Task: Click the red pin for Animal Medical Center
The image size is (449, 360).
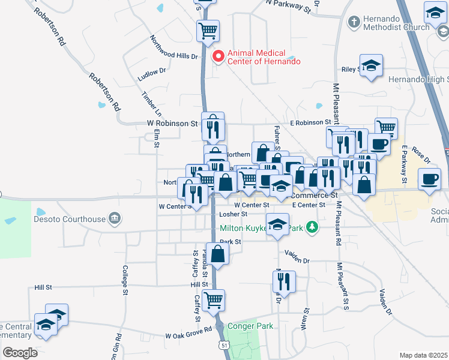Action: (218, 56)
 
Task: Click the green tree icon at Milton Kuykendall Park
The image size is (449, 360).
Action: (311, 227)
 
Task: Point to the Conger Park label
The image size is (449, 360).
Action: (250, 326)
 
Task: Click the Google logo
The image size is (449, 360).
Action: (20, 352)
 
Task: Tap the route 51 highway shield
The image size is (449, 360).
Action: (224, 346)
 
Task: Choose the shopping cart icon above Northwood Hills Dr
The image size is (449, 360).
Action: (208, 30)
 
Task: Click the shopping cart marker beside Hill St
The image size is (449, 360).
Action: (214, 299)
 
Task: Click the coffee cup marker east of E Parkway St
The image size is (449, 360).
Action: (429, 179)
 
